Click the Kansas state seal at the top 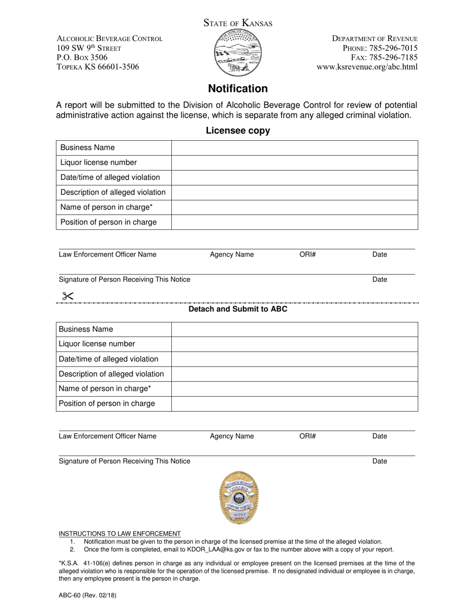coord(237,53)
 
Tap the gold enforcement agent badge coord(239,497)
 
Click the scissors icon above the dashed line coord(68,296)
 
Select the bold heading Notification coord(238,89)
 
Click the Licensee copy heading coord(238,131)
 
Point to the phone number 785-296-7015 coord(393,48)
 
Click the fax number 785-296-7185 coord(393,58)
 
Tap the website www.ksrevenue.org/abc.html coord(367,67)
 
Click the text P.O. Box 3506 coord(82,58)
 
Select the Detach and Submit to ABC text coord(238,309)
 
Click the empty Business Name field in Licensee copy coord(295,148)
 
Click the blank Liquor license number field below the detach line coord(295,344)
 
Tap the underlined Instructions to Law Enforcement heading coord(120,533)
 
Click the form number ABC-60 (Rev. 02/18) coord(88,596)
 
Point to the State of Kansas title coord(238,23)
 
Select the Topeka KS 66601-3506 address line coord(98,67)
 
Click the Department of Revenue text coord(375,39)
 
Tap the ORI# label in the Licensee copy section coord(307,254)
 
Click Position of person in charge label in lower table coord(107,404)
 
